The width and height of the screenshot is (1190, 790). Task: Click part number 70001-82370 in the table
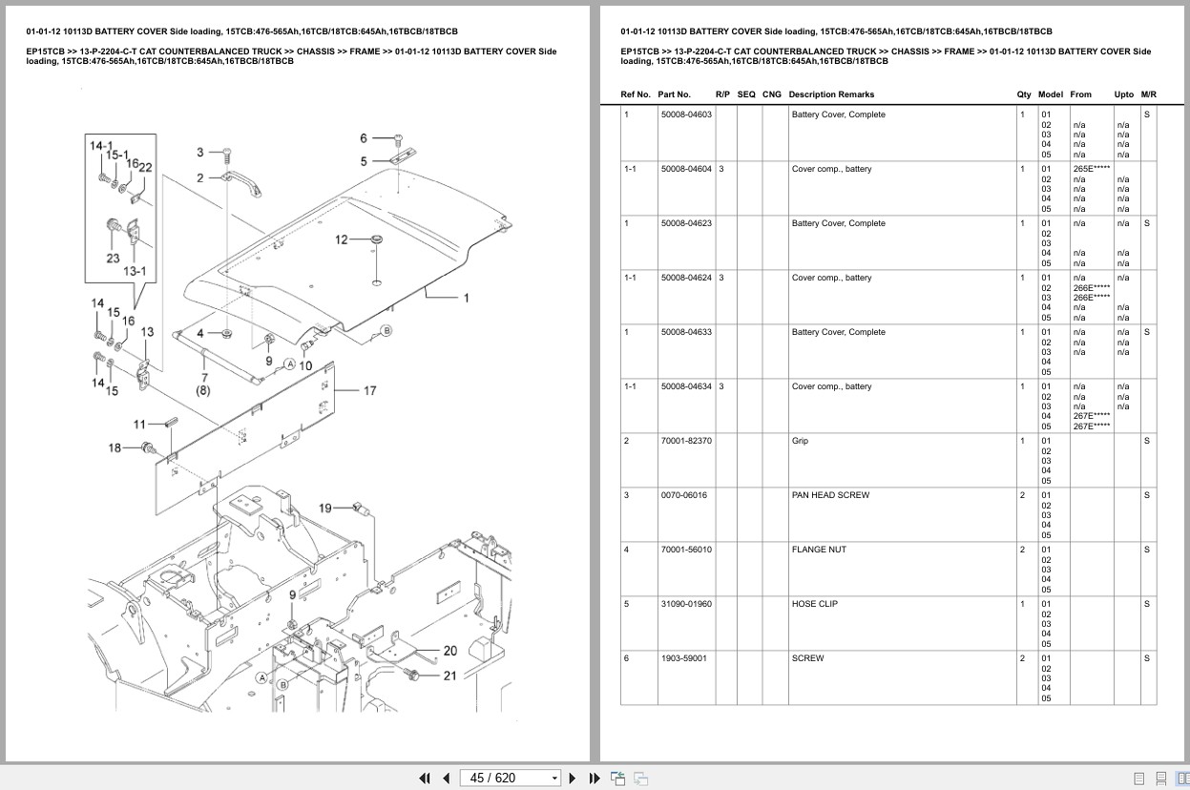click(x=685, y=441)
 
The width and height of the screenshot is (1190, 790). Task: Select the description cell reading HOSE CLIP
click(x=814, y=604)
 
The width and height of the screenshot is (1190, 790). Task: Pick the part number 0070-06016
click(x=683, y=495)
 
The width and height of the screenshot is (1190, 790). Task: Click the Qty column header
click(x=1023, y=94)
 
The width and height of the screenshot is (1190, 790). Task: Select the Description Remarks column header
click(x=830, y=94)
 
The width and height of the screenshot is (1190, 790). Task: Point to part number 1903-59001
click(x=683, y=658)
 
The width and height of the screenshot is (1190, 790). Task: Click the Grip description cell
click(x=800, y=441)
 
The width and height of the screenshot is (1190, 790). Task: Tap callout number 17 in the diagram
click(x=369, y=390)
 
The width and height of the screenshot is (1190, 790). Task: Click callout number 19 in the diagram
click(x=324, y=508)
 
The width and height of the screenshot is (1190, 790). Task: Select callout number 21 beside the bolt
click(x=450, y=676)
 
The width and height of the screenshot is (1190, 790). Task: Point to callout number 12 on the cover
click(x=341, y=239)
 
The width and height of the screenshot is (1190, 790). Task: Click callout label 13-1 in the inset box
click(x=135, y=271)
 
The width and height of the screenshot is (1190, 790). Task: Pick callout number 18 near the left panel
click(x=115, y=447)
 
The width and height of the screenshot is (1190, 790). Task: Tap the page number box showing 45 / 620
click(x=510, y=778)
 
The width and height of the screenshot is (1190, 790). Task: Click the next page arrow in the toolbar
click(x=573, y=778)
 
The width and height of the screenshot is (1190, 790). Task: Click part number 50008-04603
click(x=685, y=114)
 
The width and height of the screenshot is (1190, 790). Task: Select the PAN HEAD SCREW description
click(x=830, y=495)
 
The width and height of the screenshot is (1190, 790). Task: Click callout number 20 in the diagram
click(x=450, y=651)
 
